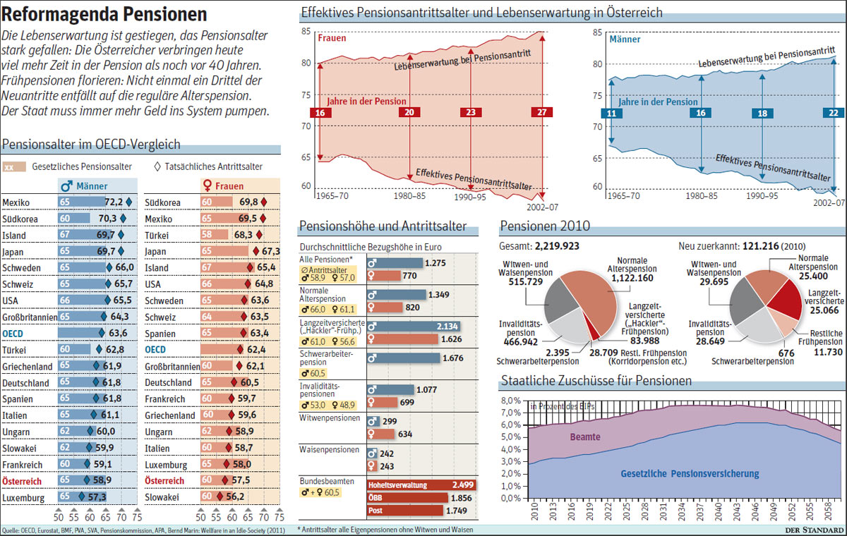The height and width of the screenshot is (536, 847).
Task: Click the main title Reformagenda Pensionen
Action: pyautogui.click(x=104, y=14)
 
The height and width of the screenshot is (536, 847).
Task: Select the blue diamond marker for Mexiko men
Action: pyautogui.click(x=129, y=202)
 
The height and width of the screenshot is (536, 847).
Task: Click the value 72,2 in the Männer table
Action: pyautogui.click(x=114, y=202)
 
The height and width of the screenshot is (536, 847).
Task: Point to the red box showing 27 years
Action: pyautogui.click(x=542, y=112)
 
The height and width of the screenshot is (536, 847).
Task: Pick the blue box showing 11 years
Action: pyautogui.click(x=611, y=114)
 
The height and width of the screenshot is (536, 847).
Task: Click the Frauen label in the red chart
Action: pyautogui.click(x=332, y=38)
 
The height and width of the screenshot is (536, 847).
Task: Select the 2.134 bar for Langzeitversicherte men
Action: pyautogui.click(x=414, y=327)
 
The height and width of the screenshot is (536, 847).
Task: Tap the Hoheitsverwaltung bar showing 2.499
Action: pyautogui.click(x=421, y=485)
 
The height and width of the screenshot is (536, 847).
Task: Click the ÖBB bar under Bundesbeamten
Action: pyautogui.click(x=408, y=498)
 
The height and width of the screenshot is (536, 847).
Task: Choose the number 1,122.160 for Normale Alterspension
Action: pyautogui.click(x=632, y=278)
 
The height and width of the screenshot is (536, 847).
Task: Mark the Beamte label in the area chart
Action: pyautogui.click(x=585, y=437)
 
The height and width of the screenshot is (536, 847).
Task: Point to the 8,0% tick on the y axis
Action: pyautogui.click(x=511, y=401)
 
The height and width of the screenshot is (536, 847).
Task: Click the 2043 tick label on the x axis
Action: pyautogui.click(x=737, y=511)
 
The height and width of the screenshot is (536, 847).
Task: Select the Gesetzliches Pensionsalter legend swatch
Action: pyautogui.click(x=14, y=167)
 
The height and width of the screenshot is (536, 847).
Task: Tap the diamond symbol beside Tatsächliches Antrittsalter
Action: pyautogui.click(x=157, y=166)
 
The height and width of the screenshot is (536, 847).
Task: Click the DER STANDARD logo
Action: pyautogui.click(x=814, y=530)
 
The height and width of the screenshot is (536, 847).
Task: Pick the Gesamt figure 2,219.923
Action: pyautogui.click(x=557, y=246)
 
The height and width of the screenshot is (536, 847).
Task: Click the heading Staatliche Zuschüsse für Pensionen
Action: pyautogui.click(x=596, y=380)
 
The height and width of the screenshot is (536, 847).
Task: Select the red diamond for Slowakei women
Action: pyautogui.click(x=220, y=497)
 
